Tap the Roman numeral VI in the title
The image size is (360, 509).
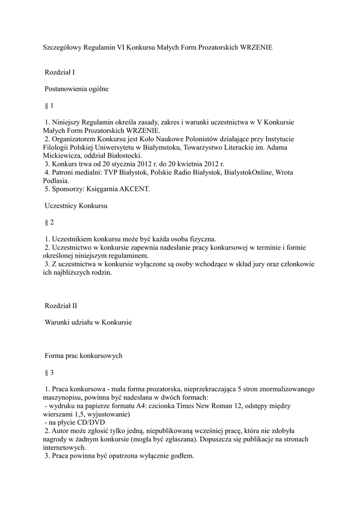pyautogui.click(x=121, y=48)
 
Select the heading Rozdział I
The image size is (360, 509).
pyautogui.click(x=60, y=73)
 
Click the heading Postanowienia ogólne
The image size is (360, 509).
pyautogui.click(x=77, y=89)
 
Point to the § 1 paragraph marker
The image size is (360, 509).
pyautogui.click(x=49, y=106)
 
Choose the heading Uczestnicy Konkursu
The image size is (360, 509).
pyautogui.click(x=76, y=205)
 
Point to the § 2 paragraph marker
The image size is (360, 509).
pyautogui.click(x=49, y=222)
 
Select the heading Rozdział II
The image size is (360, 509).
pyautogui.click(x=61, y=305)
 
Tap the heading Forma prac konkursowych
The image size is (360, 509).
pyautogui.click(x=84, y=356)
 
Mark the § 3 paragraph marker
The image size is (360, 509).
pyautogui.click(x=49, y=372)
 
